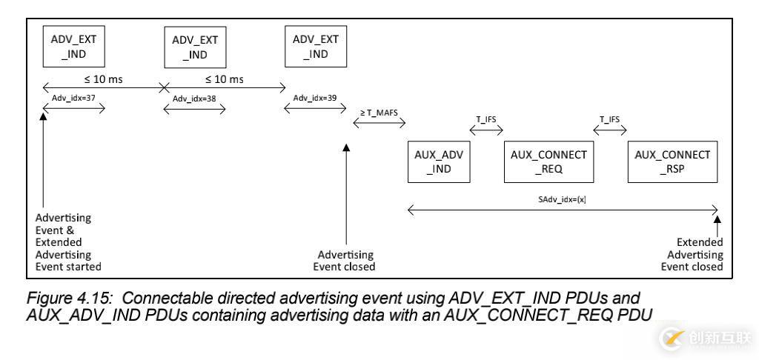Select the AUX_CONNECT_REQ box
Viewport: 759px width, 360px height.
[x=548, y=162]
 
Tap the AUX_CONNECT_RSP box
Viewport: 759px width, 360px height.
[x=672, y=162]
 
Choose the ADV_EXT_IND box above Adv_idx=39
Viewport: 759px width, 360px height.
[x=316, y=46]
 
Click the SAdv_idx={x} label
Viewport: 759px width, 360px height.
[x=563, y=200]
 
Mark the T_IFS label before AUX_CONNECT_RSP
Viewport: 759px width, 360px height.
[x=609, y=119]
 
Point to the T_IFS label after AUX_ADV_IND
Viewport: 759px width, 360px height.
[x=486, y=119]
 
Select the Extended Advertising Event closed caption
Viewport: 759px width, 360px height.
[x=692, y=254]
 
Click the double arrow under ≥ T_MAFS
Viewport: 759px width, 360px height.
[x=375, y=124]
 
